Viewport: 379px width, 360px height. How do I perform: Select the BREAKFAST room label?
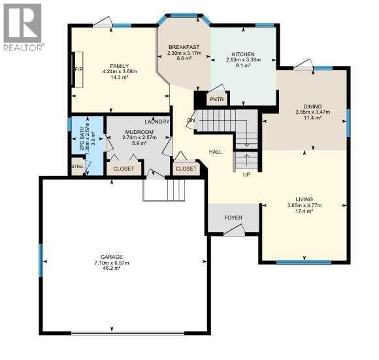(x=183, y=48)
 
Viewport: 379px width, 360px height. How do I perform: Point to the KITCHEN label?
(x=242, y=54)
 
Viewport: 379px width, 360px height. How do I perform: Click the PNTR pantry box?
(x=216, y=100)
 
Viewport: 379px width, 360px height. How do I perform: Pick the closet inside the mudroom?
(x=124, y=169)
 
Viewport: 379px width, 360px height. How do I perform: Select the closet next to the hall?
(x=186, y=169)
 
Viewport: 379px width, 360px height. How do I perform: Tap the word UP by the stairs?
(x=246, y=175)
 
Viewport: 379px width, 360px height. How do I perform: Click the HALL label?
(x=216, y=152)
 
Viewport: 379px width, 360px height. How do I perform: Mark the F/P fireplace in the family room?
(x=78, y=70)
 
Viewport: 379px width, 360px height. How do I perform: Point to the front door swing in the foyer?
(x=234, y=229)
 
